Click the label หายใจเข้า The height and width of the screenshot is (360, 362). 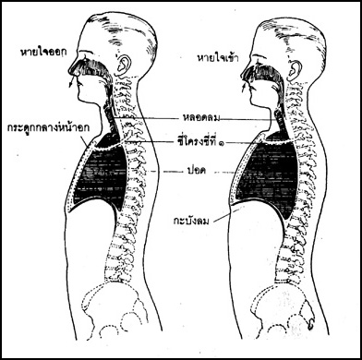click(x=218, y=58)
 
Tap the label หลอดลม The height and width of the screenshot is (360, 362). click(x=200, y=118)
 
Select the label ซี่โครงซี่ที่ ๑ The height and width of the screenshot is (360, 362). click(x=199, y=142)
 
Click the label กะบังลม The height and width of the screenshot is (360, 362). click(x=191, y=221)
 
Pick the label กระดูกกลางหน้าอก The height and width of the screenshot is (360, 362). click(x=48, y=128)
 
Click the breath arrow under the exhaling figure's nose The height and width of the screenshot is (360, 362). click(x=71, y=82)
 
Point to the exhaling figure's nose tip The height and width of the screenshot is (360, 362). click(x=69, y=71)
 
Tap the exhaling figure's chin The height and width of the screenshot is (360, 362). click(x=79, y=100)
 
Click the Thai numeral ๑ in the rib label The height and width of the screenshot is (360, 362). click(x=221, y=143)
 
